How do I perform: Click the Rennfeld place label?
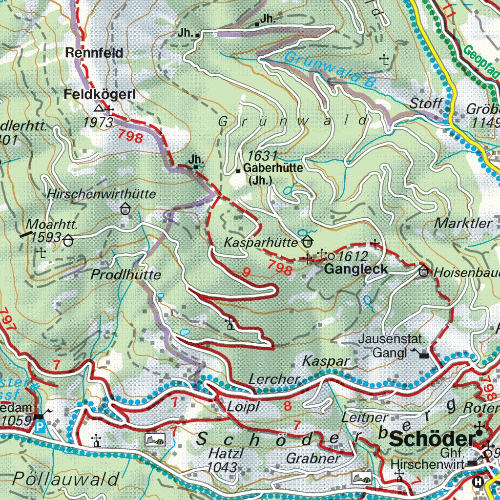(x=95, y=53)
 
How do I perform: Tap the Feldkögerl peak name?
(x=99, y=95)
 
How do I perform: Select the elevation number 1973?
(x=98, y=122)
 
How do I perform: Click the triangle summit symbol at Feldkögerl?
(x=100, y=108)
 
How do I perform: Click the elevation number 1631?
(x=262, y=156)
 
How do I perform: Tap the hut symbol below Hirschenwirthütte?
(x=126, y=209)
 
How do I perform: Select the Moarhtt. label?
(x=46, y=225)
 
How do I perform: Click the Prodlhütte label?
(x=125, y=275)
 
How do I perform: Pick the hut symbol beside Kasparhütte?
(x=308, y=241)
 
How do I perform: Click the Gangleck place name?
(x=356, y=269)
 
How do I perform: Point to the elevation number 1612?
(x=352, y=255)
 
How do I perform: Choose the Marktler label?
(x=463, y=224)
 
